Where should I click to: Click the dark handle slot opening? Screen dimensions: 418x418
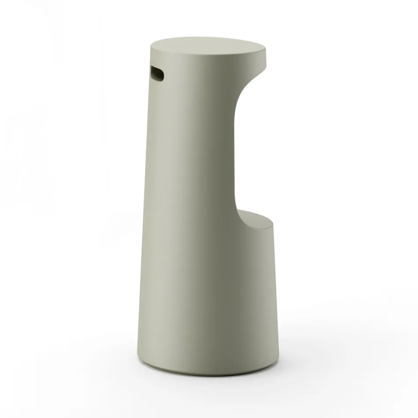coord(157,73)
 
